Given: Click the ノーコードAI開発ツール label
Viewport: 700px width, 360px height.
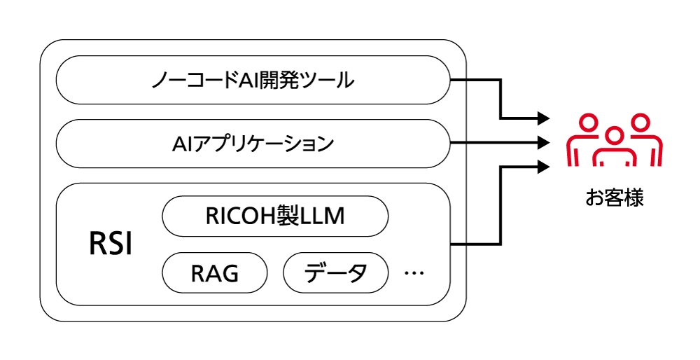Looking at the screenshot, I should click(253, 80).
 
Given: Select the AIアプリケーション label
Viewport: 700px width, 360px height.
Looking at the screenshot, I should click(253, 144).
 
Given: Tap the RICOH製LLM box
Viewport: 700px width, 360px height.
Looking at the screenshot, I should click(275, 216).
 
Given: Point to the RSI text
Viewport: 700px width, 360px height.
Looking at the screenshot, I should click(111, 245).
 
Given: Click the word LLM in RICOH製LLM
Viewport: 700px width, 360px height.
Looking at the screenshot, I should click(322, 216).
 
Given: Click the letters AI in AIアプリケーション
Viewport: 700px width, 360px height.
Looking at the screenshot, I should click(181, 144).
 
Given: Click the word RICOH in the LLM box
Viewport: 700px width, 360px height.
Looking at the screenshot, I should click(241, 216).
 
